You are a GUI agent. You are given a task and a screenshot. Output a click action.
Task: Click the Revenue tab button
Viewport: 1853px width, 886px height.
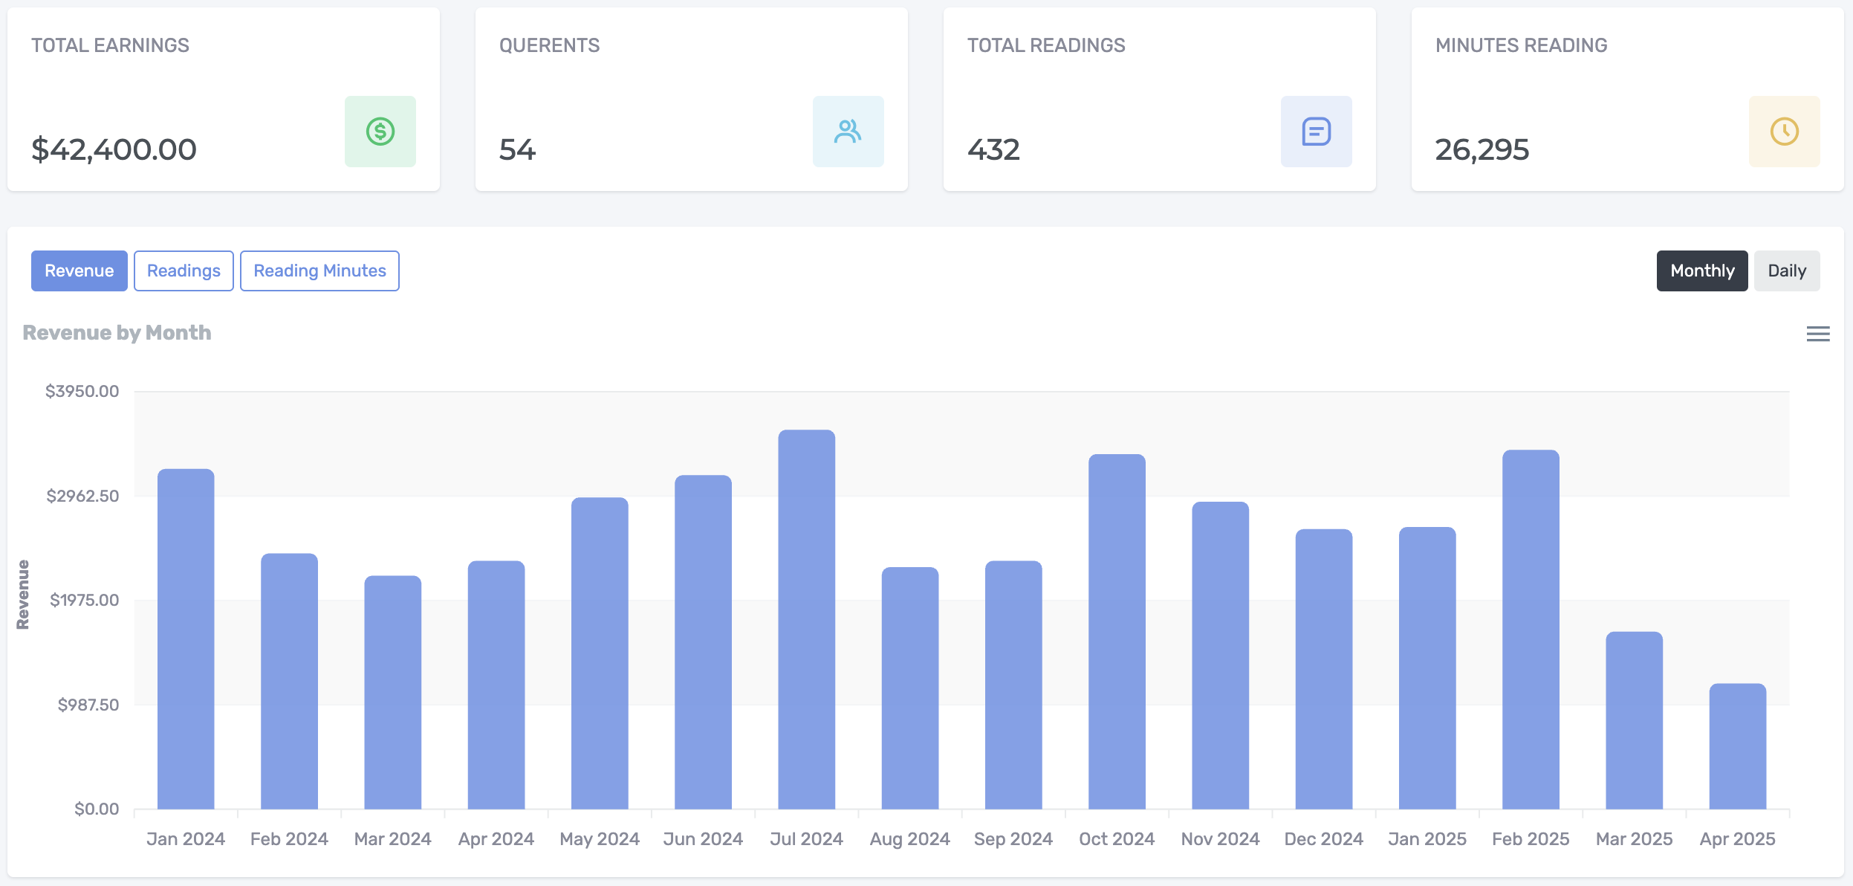[x=79, y=271]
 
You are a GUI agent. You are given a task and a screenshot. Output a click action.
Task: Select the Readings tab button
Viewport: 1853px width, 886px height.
[x=184, y=271]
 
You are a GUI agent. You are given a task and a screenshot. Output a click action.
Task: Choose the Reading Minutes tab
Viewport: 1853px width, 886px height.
[x=319, y=271]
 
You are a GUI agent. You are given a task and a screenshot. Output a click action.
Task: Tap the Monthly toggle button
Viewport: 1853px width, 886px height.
[x=1701, y=271]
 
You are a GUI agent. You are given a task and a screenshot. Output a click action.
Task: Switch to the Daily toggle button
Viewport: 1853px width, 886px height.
[x=1786, y=271]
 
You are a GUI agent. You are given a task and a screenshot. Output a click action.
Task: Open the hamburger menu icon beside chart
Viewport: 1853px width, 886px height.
[x=1817, y=334]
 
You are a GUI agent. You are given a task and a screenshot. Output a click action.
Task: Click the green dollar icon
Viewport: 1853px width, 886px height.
[x=380, y=132]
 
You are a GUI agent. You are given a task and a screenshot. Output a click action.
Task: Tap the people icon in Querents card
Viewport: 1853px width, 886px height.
[x=848, y=132]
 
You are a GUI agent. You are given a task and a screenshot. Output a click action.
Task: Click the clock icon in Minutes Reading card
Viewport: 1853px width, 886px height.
[x=1784, y=132]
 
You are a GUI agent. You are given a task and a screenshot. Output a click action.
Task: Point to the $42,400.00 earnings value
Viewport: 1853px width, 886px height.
[x=114, y=149]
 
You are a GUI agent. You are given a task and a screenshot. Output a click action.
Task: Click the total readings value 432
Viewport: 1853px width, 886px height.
[x=993, y=149]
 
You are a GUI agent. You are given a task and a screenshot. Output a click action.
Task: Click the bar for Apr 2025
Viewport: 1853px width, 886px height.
[x=1737, y=746]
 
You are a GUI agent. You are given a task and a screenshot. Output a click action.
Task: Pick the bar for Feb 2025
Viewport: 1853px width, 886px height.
[x=1531, y=630]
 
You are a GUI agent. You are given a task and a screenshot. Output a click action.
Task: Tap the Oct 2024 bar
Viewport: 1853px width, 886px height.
[x=1117, y=632]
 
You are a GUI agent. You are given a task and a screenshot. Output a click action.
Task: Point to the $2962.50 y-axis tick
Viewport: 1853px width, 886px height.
[x=82, y=496]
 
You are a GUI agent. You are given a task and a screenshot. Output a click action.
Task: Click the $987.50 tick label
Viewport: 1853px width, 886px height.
[x=88, y=705]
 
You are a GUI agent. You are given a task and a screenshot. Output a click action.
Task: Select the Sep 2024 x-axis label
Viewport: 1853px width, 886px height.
[x=1013, y=838]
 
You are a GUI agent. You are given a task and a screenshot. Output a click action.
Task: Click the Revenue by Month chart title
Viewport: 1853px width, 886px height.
[x=117, y=332]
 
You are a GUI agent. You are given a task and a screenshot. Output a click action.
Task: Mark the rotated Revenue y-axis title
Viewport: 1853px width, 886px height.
[x=23, y=595]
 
